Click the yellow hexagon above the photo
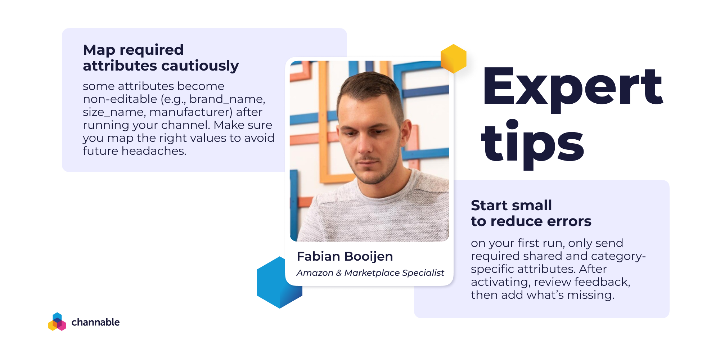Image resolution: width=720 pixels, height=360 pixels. click(454, 59)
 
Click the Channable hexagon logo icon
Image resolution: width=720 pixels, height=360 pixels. click(57, 321)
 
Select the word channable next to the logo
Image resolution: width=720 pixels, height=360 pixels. click(95, 322)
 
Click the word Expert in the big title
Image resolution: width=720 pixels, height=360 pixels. click(573, 88)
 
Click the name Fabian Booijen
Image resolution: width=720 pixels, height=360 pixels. click(345, 256)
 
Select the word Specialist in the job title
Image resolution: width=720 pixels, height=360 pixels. click(423, 273)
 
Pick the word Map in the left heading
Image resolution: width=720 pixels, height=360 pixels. click(99, 50)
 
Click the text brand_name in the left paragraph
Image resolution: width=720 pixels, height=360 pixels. click(227, 99)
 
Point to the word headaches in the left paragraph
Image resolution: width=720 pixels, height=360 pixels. click(154, 151)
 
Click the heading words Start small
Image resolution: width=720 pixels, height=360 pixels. click(511, 205)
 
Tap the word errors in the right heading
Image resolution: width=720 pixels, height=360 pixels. click(569, 221)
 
